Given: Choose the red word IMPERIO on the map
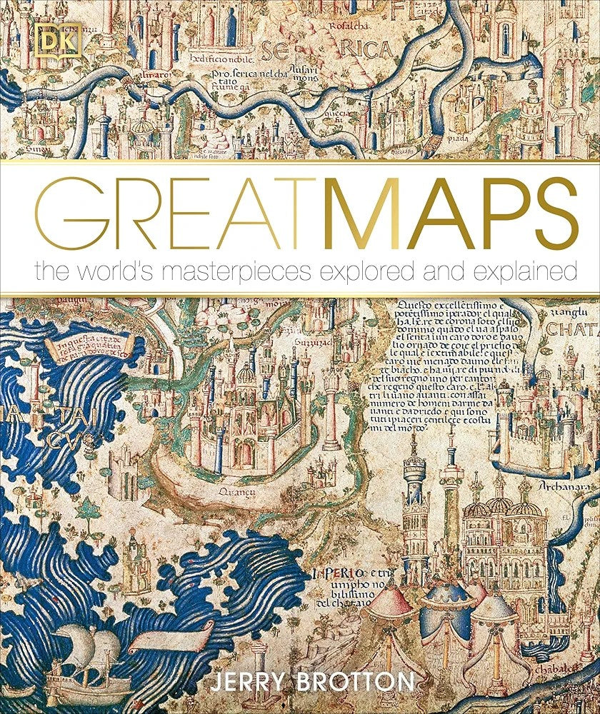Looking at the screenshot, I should tap(339, 574).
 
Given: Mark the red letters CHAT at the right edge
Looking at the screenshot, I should tap(572, 331).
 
